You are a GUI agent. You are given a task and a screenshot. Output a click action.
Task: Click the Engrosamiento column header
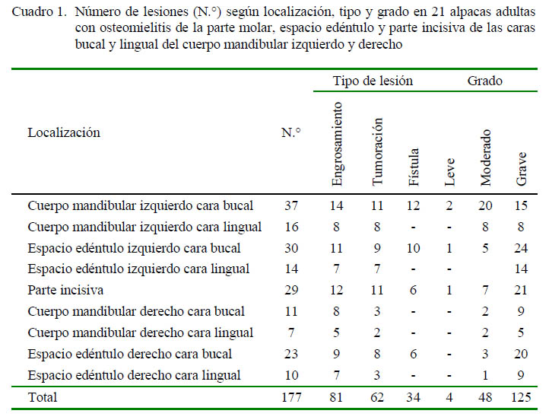click(337, 144)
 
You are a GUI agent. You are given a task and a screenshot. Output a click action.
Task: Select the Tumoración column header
click(377, 151)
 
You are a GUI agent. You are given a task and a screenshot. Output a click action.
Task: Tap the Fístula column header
click(414, 167)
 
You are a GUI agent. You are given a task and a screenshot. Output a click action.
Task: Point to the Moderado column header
click(485, 157)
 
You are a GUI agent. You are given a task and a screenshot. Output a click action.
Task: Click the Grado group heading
click(485, 81)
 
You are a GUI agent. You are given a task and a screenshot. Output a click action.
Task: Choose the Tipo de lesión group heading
click(373, 81)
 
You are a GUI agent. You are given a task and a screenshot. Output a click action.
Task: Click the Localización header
click(64, 132)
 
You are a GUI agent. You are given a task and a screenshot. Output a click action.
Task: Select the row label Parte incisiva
click(65, 290)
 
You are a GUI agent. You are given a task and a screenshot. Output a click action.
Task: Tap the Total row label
click(43, 397)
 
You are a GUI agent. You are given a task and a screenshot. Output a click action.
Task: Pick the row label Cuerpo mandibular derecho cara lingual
click(141, 332)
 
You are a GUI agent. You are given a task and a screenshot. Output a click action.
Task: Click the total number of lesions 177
click(291, 397)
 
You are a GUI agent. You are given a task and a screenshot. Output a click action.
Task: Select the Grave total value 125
click(521, 397)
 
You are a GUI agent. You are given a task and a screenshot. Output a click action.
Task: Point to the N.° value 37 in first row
click(291, 205)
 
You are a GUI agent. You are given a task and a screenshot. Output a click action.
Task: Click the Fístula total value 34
click(413, 397)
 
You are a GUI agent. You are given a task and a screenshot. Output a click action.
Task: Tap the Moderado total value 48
click(485, 397)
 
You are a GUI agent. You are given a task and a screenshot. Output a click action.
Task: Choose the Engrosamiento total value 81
click(336, 397)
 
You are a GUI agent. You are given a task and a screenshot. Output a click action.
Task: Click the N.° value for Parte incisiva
click(291, 290)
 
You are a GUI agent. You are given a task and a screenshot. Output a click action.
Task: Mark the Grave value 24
click(521, 248)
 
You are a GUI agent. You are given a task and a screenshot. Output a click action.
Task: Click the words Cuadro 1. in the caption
click(40, 12)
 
